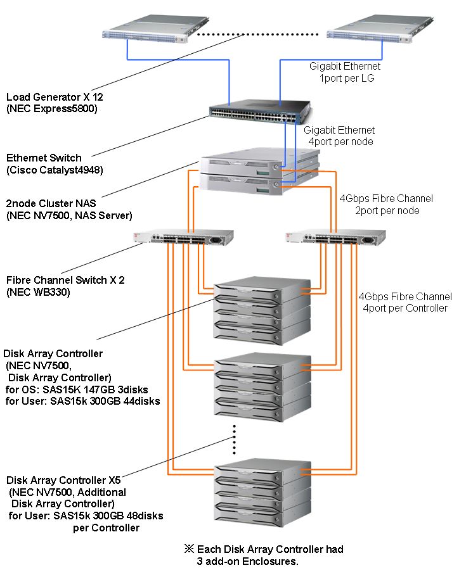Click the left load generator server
click(x=156, y=28)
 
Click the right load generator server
click(x=380, y=28)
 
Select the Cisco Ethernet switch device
click(x=261, y=112)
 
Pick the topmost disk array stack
click(x=262, y=311)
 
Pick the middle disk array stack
click(x=262, y=388)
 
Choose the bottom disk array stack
click(x=262, y=493)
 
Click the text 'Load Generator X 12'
click(x=55, y=97)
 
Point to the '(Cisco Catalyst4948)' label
click(x=55, y=170)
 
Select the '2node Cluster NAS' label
click(x=51, y=203)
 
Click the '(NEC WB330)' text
click(x=38, y=292)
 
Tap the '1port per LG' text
click(x=347, y=78)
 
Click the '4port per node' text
click(x=341, y=141)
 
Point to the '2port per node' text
click(x=387, y=210)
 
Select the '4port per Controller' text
click(x=405, y=308)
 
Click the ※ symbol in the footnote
click(x=189, y=548)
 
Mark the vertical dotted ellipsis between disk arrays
click(x=235, y=440)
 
